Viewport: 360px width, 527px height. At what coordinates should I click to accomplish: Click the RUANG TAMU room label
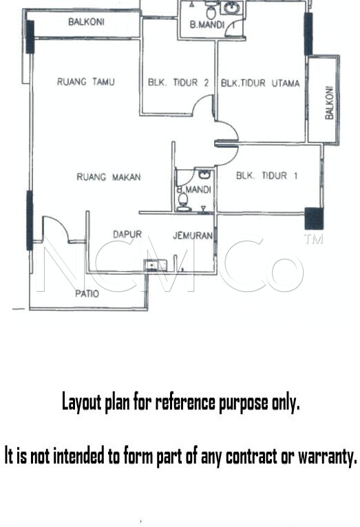86,82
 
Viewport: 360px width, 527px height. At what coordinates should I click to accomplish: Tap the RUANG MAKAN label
109,177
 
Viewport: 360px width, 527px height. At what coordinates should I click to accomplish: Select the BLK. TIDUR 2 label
178,83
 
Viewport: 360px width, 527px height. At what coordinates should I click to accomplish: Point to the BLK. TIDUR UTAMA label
260,83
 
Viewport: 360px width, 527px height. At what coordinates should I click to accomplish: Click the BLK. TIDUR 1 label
267,175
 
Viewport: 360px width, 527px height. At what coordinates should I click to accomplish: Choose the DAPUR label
127,234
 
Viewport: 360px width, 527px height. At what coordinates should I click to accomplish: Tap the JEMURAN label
193,235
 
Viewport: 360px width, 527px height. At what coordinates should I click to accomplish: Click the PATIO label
87,294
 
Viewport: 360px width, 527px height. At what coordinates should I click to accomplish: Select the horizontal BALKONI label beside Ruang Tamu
87,22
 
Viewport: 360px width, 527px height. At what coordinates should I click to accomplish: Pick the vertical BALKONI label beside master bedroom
329,103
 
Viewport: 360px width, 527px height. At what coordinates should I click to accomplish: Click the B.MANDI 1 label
212,24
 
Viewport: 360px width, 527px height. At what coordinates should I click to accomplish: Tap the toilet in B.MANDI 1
211,10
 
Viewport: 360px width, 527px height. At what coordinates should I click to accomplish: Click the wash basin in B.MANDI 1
232,8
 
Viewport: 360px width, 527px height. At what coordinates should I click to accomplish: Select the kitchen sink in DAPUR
155,265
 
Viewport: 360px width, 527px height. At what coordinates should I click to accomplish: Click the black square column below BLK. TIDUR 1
314,219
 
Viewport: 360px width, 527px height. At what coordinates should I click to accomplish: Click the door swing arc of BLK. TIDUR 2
202,102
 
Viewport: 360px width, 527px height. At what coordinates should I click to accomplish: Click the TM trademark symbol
313,239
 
